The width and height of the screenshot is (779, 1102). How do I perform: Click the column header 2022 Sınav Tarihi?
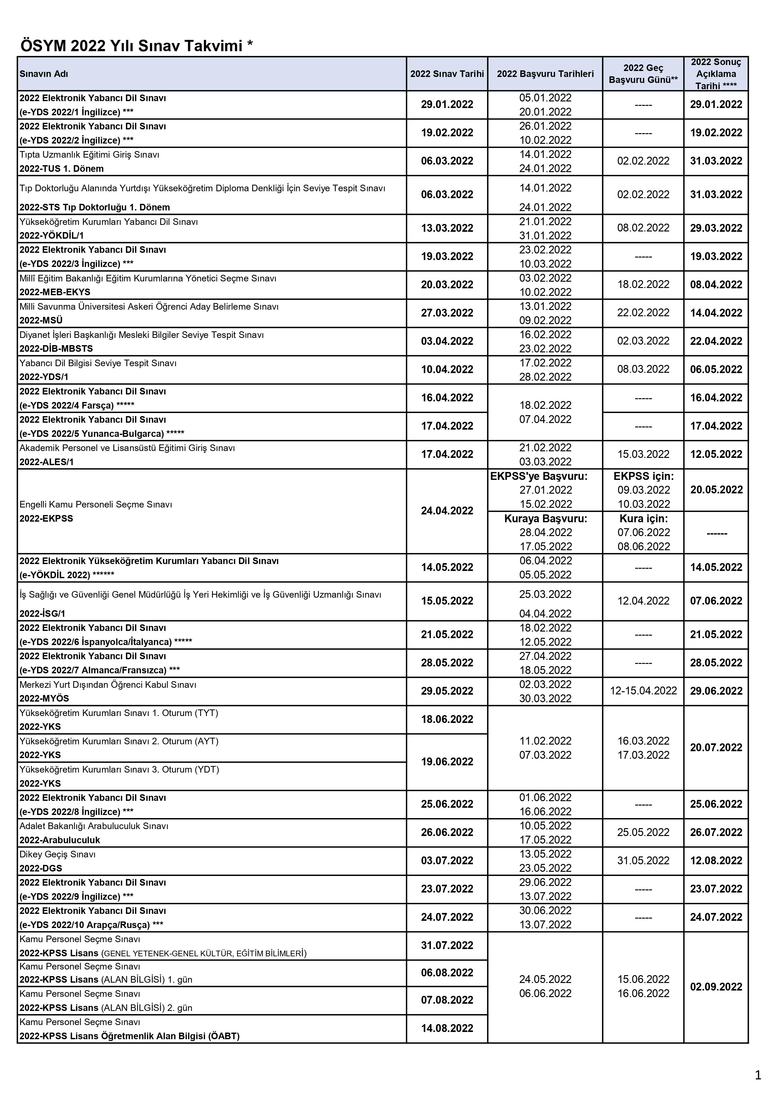(x=447, y=74)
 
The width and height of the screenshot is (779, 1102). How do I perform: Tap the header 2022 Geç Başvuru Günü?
(x=643, y=74)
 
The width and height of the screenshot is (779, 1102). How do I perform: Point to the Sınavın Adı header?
(x=44, y=74)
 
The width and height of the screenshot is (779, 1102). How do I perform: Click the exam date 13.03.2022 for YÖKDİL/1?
(x=447, y=228)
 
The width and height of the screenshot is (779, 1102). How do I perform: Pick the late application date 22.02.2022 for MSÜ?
(x=643, y=313)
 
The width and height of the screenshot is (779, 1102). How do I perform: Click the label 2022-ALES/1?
(x=46, y=462)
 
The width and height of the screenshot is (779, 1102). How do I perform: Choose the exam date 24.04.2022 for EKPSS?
(x=447, y=511)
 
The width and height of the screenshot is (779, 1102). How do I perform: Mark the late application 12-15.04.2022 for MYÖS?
(x=643, y=691)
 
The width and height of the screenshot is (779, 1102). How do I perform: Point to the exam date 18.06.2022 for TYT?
(x=447, y=719)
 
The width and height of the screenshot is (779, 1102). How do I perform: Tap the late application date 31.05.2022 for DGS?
(x=643, y=861)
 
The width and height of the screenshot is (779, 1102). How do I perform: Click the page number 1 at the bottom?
(x=758, y=1076)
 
